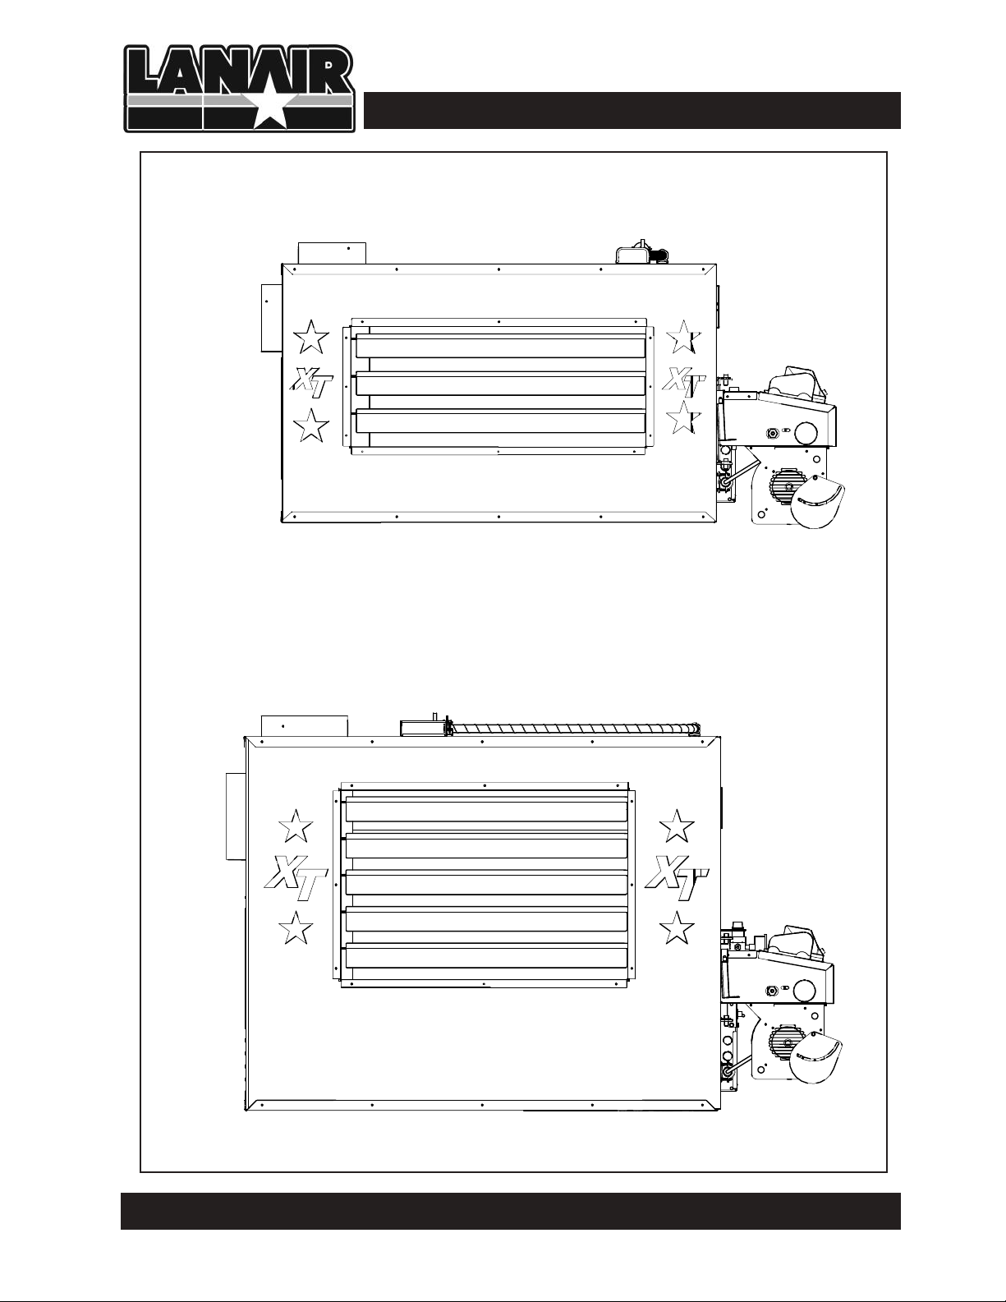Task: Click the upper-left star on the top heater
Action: [x=311, y=337]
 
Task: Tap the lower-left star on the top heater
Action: [x=311, y=426]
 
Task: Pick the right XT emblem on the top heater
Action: [x=684, y=382]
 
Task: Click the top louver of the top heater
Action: [x=500, y=348]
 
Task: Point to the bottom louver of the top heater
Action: [x=500, y=421]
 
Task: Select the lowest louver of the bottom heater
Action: [x=486, y=959]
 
